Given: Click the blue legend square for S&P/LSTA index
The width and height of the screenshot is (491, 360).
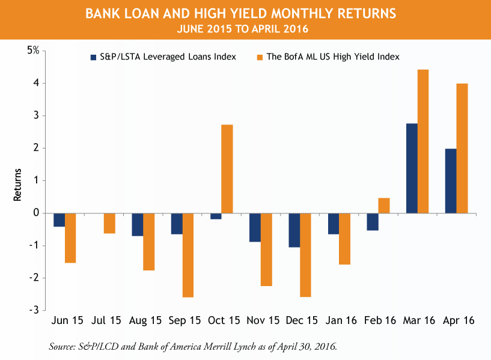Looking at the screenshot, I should point(93,57).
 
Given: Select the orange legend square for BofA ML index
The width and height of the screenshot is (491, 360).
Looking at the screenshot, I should point(260,57).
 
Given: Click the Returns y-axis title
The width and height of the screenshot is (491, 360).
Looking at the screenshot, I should point(18,185).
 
